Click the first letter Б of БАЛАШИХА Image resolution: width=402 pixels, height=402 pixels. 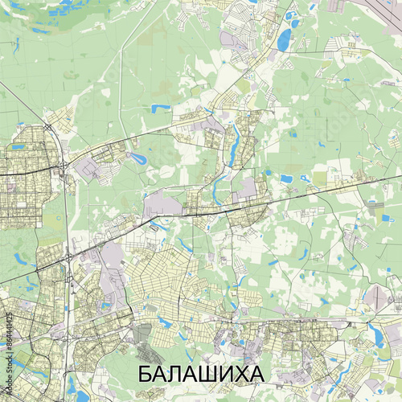pos(146,375)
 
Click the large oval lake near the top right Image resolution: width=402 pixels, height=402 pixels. pos(284,38)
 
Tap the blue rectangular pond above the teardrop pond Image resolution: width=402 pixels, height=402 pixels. pos(160,108)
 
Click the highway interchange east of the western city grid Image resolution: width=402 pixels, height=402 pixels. pos(63,166)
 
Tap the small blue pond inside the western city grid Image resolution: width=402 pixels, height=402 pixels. pos(20,259)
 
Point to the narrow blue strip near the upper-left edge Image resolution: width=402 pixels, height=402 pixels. pos(15,44)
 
